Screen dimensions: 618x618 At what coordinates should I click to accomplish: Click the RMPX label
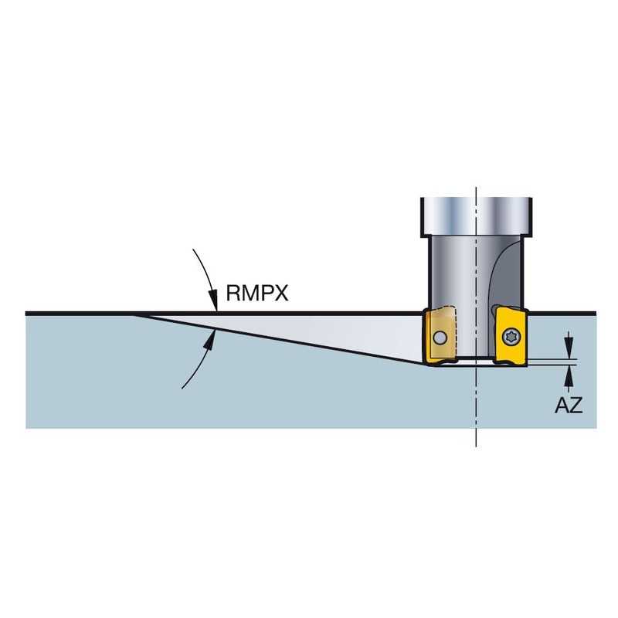point(256,294)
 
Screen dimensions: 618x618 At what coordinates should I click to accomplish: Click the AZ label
point(568,404)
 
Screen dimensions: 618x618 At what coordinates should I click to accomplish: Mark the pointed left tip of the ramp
point(136,314)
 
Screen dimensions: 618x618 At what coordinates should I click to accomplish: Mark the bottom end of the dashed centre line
point(477,446)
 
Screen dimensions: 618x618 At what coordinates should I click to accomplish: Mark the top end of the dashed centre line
point(477,188)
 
